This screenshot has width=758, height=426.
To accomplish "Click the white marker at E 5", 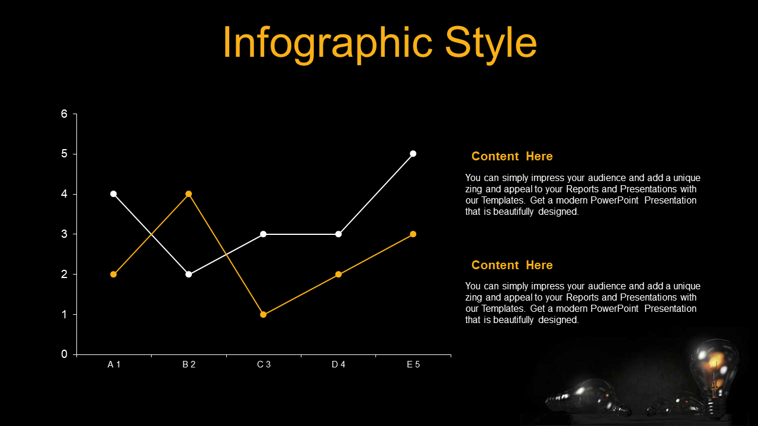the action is tap(413, 154).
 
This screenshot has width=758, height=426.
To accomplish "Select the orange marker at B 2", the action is tap(189, 193).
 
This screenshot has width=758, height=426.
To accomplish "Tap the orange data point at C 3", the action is tap(264, 314).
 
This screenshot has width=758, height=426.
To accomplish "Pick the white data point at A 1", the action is tap(113, 193).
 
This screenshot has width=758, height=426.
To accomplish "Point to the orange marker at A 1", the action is tap(113, 274).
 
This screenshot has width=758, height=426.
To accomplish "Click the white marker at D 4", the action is tap(338, 234).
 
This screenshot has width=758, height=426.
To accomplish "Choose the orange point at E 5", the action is tap(413, 234).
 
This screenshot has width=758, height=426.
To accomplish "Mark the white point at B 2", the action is tap(189, 274).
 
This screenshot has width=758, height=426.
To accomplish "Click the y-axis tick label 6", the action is tap(65, 114).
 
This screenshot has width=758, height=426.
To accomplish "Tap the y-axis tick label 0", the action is tap(65, 354).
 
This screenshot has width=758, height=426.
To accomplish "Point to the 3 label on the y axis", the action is tap(65, 234).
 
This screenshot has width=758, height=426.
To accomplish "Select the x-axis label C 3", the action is tap(264, 364).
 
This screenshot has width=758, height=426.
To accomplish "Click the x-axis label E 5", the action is tap(413, 364).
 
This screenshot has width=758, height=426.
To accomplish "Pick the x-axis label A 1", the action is tap(114, 364).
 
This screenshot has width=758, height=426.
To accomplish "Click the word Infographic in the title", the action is tap(327, 44).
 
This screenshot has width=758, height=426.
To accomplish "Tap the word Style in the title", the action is tap(491, 44).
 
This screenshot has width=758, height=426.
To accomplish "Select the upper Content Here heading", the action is tap(512, 156).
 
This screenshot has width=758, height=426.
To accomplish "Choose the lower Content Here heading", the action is tap(512, 265).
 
